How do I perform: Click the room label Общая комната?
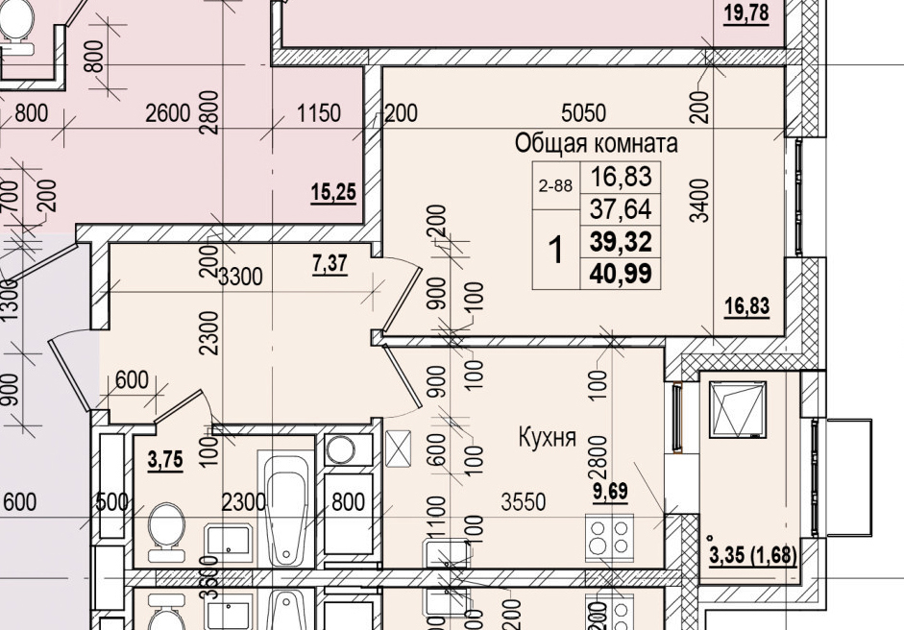pos(597,144)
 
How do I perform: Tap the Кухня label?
pos(547,438)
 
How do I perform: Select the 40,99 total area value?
pos(622,275)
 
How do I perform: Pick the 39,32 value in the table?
pos(622,242)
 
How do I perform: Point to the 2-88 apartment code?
pos(556,187)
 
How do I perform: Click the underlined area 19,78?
pos(746,13)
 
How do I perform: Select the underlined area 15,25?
pos(333,193)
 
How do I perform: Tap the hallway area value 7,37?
pos(331,264)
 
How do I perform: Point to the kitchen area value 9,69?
pos(610,494)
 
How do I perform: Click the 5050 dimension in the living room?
pos(583,113)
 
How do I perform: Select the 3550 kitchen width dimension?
pos(523,501)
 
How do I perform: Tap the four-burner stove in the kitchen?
pos(610,536)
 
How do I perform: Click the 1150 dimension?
pos(318,114)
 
